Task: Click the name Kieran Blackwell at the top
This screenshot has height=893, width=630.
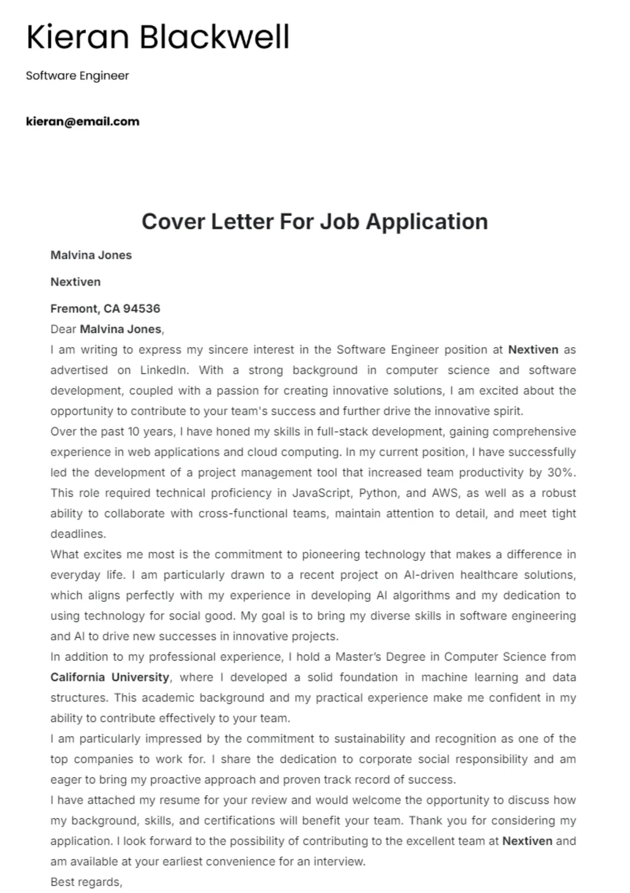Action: coord(157,38)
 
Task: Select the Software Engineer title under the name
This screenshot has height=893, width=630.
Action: coord(77,76)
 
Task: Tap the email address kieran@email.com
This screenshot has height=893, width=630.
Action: coord(82,122)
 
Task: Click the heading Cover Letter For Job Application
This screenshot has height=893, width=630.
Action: coord(314,222)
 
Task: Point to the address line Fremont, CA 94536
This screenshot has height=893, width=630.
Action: coord(105,309)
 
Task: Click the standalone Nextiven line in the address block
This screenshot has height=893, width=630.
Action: coord(75,282)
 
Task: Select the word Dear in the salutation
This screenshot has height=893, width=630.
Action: coord(63,329)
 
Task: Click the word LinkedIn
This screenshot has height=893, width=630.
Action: coord(163,370)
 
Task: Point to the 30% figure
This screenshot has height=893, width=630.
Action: coord(561,472)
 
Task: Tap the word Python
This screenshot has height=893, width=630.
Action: coord(381,493)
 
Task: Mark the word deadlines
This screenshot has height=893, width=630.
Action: coord(78,534)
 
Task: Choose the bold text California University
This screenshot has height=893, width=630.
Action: coord(109,677)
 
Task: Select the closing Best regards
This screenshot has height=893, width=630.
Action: coord(86,882)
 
